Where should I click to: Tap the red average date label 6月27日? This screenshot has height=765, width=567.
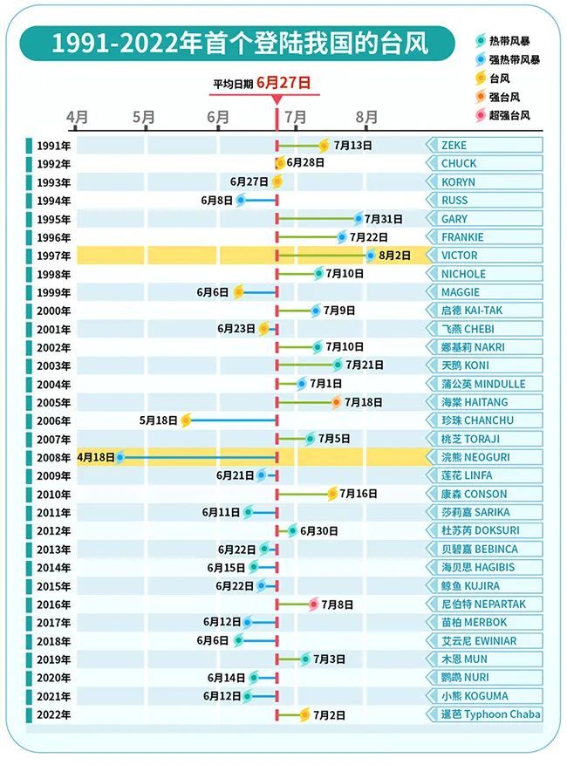tap(283, 83)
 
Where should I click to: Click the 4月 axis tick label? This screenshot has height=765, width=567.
tap(77, 117)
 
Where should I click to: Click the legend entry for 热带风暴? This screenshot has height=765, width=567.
tap(508, 41)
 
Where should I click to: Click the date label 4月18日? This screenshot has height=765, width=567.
tap(95, 457)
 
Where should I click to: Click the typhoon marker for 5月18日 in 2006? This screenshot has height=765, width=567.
tap(186, 420)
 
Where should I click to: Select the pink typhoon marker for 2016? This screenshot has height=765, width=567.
tap(313, 604)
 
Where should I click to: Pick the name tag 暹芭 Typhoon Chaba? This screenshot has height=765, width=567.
tap(488, 714)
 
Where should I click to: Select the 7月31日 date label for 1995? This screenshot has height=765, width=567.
tap(384, 219)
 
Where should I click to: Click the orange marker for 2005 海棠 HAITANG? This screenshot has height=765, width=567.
tap(336, 402)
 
